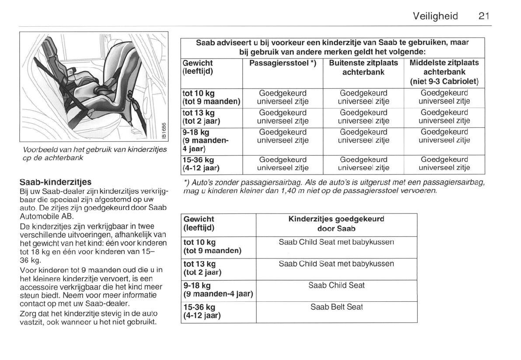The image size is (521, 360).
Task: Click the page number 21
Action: [x=483, y=16]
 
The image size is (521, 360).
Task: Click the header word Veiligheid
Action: [x=435, y=16]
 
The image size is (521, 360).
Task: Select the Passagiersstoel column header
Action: [x=283, y=63]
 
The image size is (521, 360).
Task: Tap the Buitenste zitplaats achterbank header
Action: [x=364, y=67]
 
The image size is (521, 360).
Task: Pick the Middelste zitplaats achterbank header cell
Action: [x=444, y=72]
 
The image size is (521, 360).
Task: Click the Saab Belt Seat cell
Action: [x=336, y=307]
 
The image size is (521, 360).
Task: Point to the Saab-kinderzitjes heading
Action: [x=56, y=182]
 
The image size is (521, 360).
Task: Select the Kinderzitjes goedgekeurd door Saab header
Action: [x=336, y=224]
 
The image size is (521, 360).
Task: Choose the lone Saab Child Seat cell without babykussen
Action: [x=336, y=285]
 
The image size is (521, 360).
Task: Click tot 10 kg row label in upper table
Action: [x=211, y=97]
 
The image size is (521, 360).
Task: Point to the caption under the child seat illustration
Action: [x=94, y=154]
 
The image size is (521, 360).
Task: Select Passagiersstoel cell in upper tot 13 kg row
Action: [x=283, y=117]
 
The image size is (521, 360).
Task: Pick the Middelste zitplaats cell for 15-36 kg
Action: [x=444, y=164]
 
